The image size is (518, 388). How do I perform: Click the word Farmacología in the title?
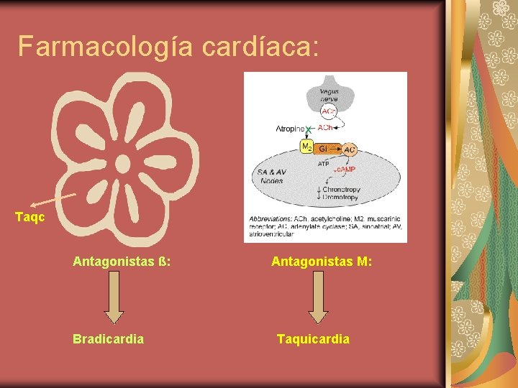pos(104,47)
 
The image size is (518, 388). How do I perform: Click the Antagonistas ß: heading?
pos(122,263)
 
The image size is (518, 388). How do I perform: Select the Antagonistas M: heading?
pos(322,263)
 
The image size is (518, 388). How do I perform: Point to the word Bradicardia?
pos(108,338)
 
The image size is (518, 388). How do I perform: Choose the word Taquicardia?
pos(314,338)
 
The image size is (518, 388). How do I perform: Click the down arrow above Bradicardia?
pos(114,302)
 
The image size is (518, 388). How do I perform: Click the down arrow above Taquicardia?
pos(317,302)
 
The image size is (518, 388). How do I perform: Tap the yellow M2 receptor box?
pos(306,147)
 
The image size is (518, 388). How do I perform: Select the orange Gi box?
pos(324,147)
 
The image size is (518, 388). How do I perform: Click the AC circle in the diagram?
pos(349,149)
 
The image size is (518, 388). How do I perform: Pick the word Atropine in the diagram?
pos(290,129)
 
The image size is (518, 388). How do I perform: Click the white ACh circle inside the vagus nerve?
pos(327,111)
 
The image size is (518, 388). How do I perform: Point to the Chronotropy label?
pos(342,189)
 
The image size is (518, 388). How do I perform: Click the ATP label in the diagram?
pos(324,164)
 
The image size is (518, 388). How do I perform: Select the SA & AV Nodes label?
pos(271,176)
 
